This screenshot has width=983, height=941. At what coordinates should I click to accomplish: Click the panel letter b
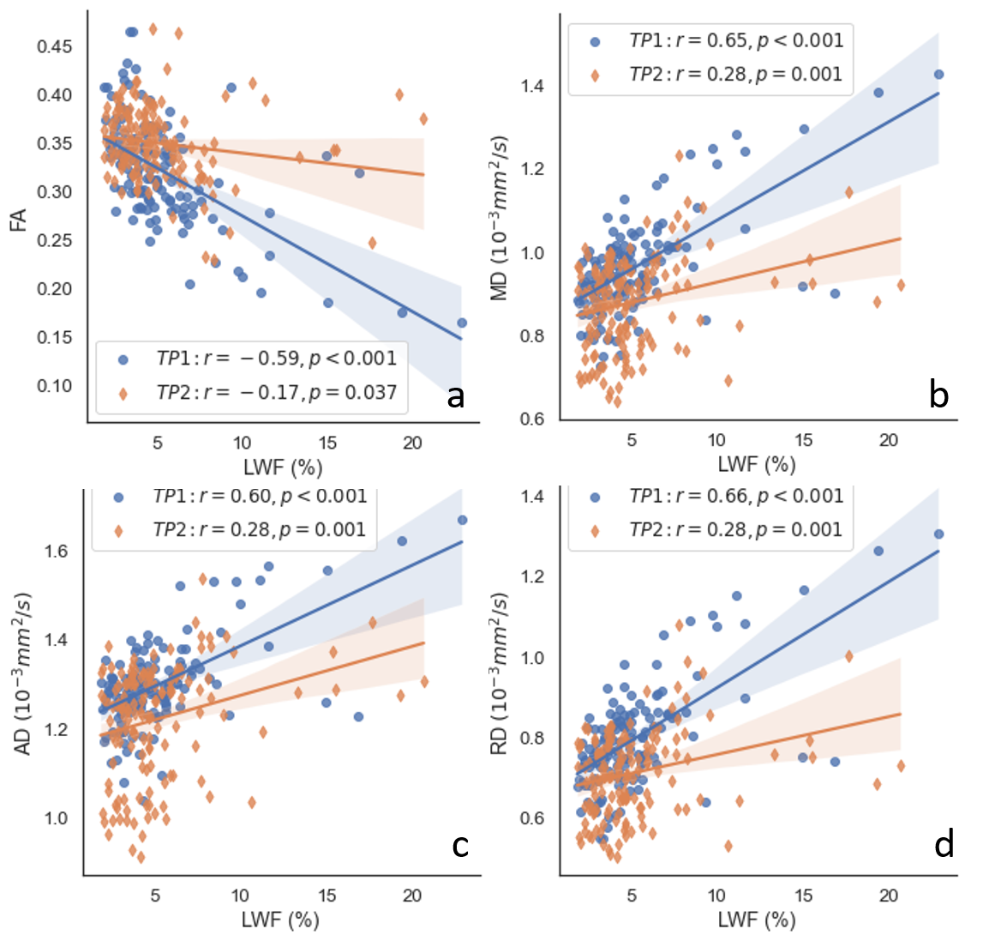(939, 395)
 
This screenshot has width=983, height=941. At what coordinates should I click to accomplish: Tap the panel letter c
(460, 846)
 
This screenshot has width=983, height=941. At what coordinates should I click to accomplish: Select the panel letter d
(944, 846)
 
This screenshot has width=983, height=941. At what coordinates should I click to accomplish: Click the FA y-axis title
(17, 218)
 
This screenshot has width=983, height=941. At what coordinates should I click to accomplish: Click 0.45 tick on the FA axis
(55, 46)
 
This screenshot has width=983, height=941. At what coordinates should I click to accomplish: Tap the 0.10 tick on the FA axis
(55, 386)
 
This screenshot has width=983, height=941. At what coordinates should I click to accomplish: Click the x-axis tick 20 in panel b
(889, 440)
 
